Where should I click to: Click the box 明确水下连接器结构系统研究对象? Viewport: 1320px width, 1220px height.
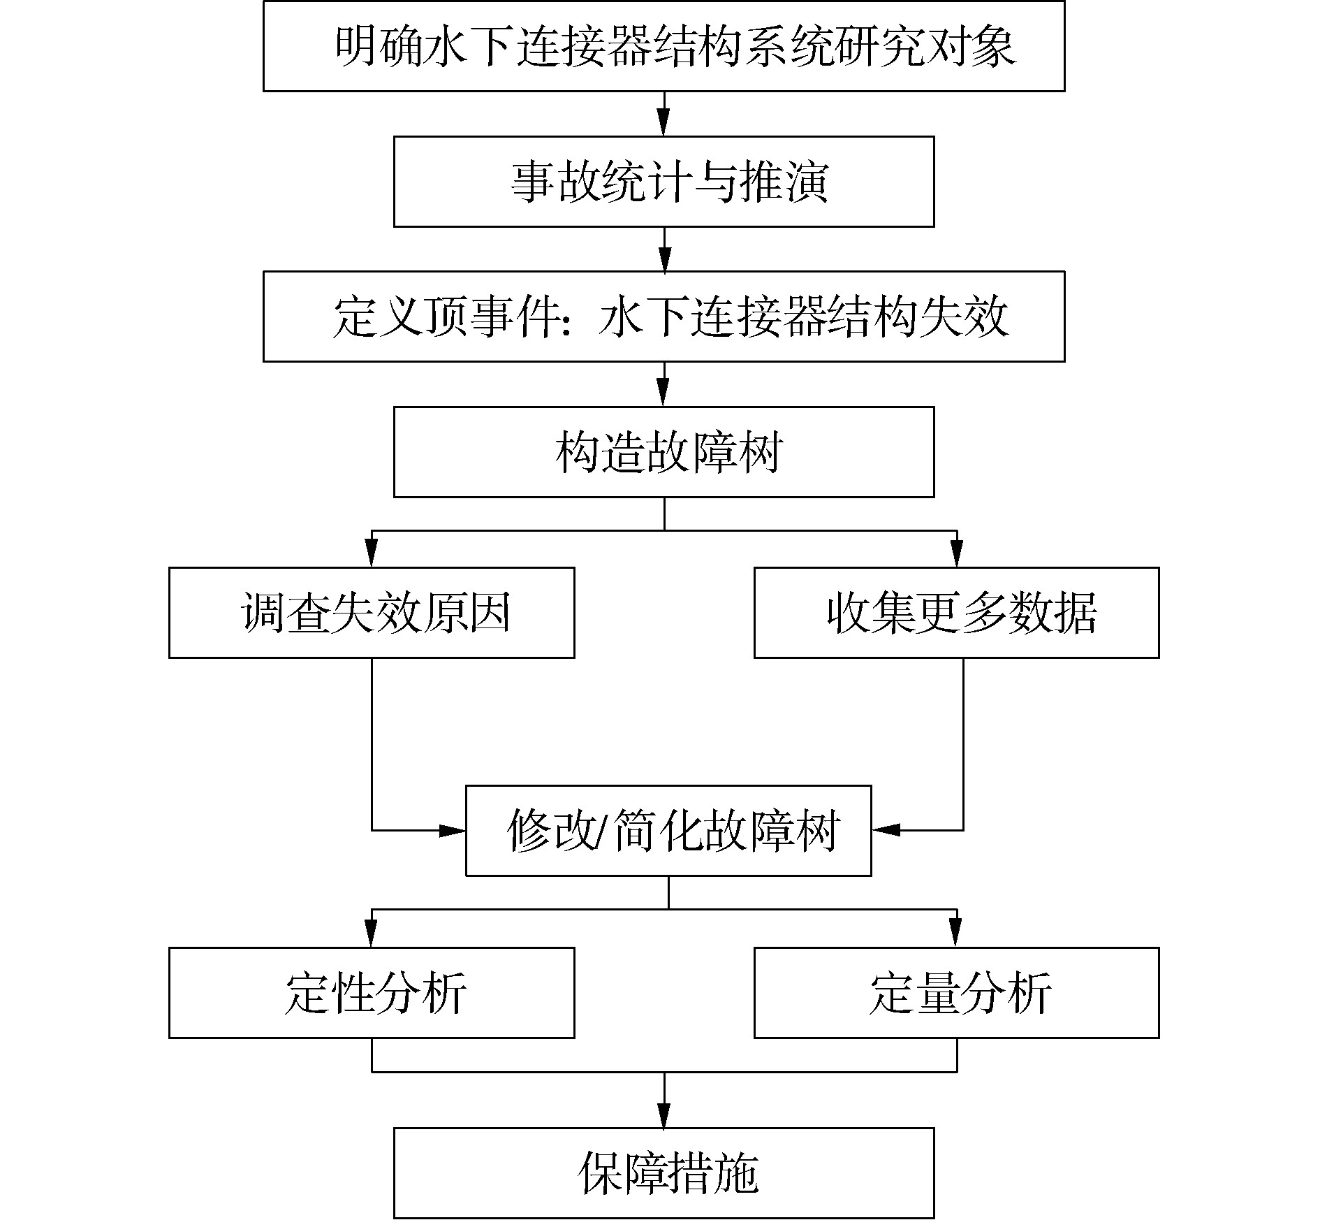tap(663, 46)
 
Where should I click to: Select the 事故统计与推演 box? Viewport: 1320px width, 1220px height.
tap(663, 182)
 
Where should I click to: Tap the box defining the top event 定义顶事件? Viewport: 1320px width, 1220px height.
tap(663, 317)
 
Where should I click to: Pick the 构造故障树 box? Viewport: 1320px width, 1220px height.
tap(663, 452)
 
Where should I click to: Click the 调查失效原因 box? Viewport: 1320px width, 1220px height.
tap(372, 613)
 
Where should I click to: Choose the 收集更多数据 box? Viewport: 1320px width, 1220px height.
tap(956, 613)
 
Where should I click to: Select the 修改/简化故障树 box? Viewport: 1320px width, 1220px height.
tap(668, 831)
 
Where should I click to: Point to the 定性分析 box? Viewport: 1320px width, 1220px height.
tap(372, 993)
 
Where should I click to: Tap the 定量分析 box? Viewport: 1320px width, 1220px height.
tap(956, 993)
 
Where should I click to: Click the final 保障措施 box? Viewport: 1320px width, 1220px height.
tap(663, 1173)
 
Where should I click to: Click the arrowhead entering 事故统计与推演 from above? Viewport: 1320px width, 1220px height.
tap(663, 126)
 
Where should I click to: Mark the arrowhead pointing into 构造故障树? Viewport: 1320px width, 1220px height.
tap(663, 397)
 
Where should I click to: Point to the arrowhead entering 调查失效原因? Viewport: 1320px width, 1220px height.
tap(372, 557)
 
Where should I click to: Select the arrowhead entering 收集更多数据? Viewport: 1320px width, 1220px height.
tap(956, 557)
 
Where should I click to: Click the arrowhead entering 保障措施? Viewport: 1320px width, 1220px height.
tap(663, 1117)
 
